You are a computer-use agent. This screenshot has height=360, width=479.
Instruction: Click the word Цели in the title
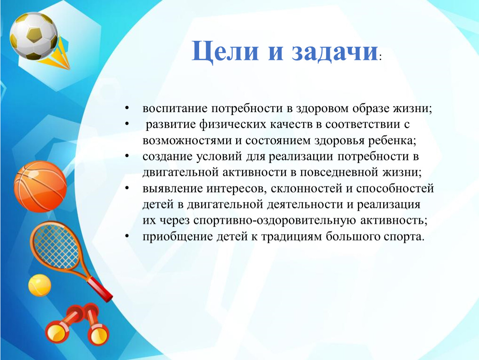(x=225, y=51)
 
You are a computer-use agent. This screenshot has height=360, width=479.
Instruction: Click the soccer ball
(x=34, y=36)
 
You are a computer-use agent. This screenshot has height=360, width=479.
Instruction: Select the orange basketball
(x=40, y=186)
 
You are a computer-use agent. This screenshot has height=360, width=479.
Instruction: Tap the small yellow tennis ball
(x=40, y=285)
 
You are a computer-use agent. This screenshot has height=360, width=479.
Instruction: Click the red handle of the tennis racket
(x=100, y=290)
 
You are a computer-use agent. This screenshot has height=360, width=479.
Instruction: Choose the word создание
(x=167, y=157)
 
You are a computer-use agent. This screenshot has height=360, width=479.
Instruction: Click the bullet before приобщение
(x=127, y=236)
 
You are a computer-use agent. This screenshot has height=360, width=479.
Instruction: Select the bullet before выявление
(x=127, y=188)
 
